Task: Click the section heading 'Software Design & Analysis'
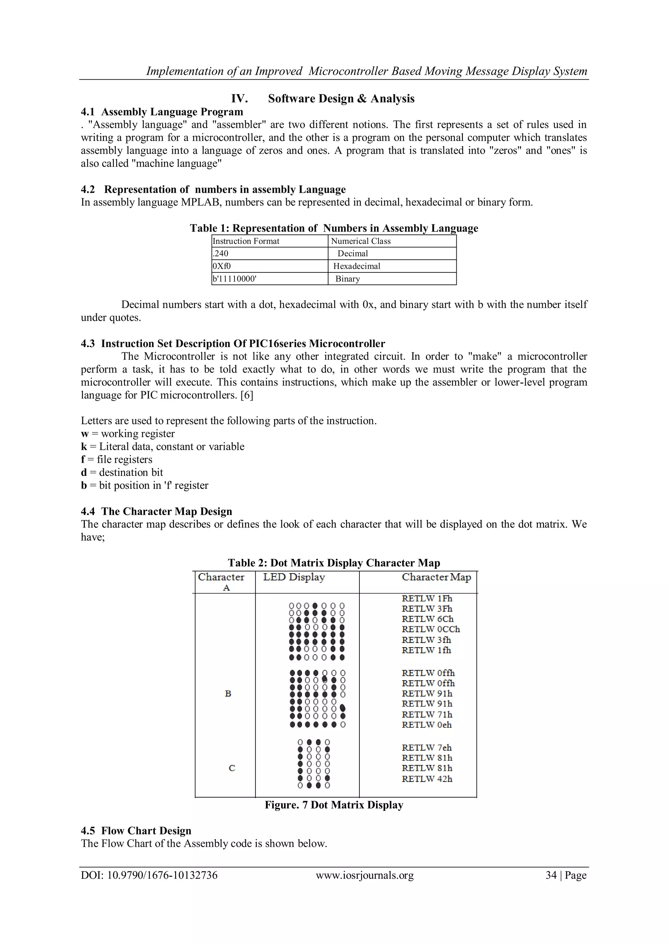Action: (341, 99)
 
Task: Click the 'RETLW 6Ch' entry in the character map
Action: (427, 619)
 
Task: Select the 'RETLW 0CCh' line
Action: (431, 629)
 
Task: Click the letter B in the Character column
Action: (228, 694)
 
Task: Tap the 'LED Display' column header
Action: (294, 577)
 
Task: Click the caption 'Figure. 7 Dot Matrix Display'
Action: (334, 805)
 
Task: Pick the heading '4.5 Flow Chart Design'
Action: (136, 831)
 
